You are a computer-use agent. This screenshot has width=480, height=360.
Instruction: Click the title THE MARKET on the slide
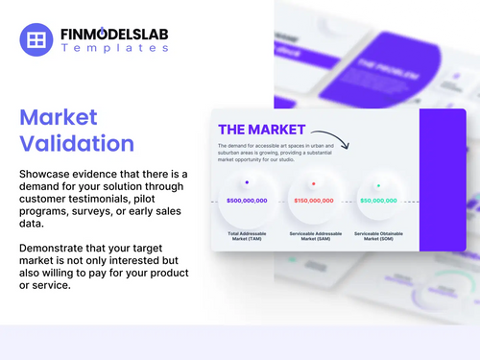262,130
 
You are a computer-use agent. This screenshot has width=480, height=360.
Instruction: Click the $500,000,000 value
247,201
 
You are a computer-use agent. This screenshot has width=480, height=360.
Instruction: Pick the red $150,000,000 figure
313,201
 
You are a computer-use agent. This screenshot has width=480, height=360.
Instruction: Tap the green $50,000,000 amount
378,201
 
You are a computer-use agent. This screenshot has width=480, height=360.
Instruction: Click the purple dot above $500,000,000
247,181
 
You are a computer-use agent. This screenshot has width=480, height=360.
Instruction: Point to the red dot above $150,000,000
313,182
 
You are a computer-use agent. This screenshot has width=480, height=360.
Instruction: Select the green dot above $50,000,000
378,184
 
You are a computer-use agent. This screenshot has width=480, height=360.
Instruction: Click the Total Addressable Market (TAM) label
247,235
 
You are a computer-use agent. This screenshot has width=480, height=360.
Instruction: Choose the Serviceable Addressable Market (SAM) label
313,235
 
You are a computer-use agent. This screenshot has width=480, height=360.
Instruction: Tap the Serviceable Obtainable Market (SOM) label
379,235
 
